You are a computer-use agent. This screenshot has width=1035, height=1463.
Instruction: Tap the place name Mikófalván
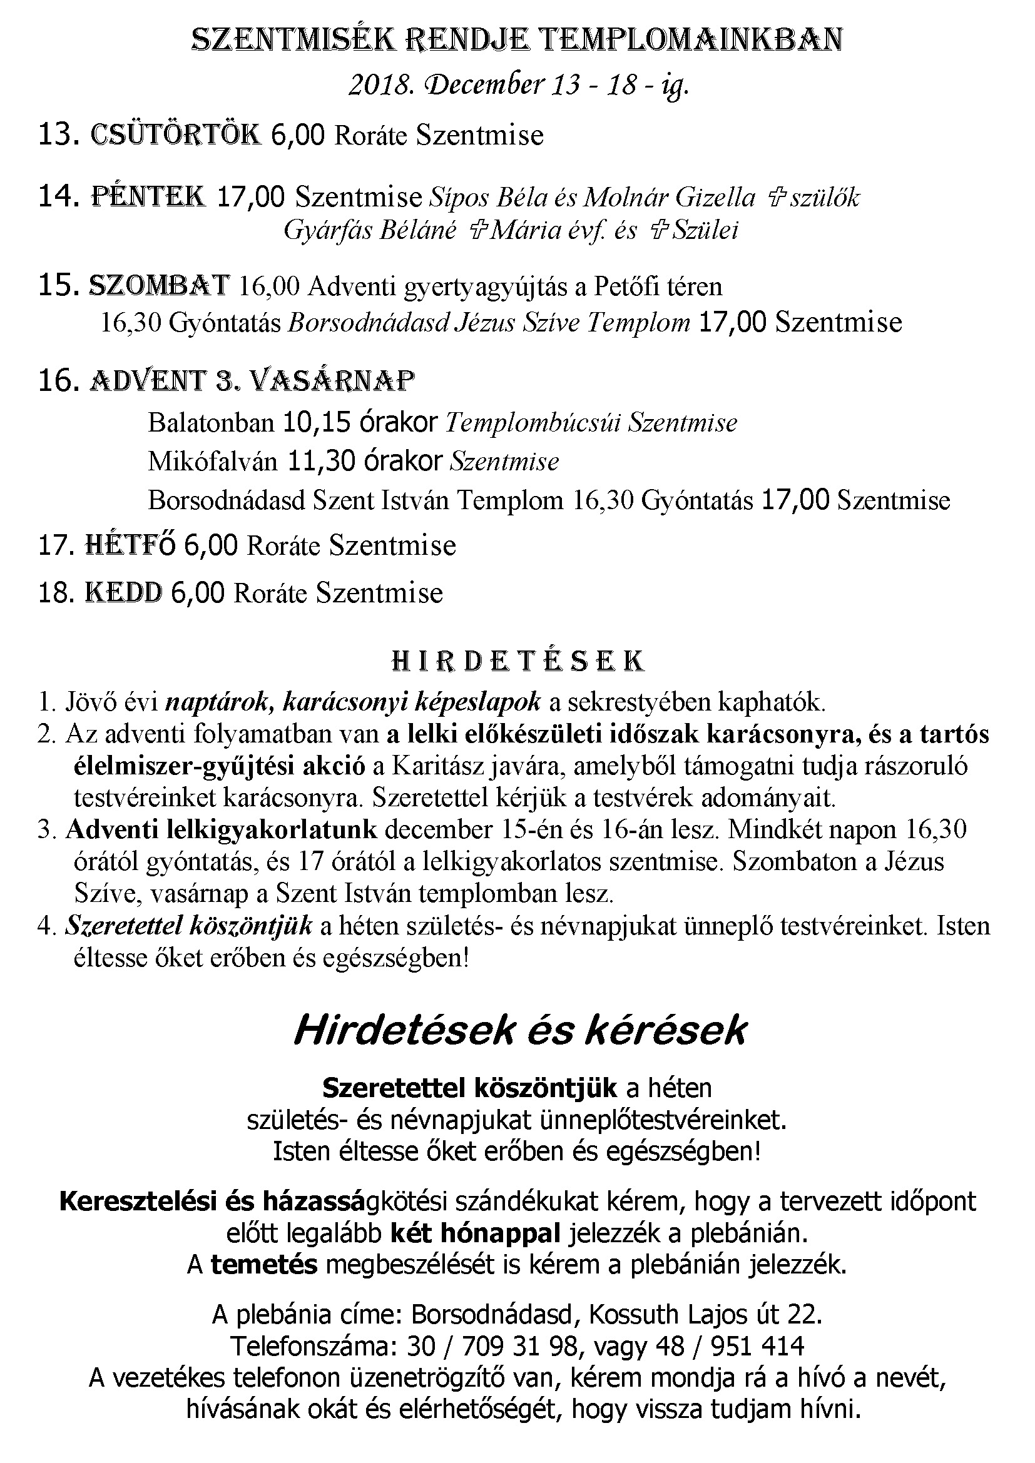213,461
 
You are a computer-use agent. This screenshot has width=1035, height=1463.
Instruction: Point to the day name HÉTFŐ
130,545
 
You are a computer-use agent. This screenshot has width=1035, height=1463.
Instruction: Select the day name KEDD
124,592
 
